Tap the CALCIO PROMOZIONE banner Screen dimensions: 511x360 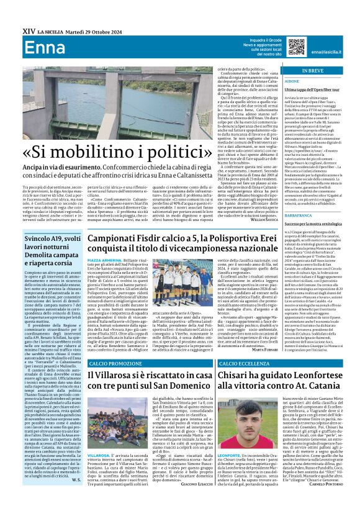pyautogui.click(x=112, y=363)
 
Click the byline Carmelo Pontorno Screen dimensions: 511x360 pyautogui.click(x=317, y=502)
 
